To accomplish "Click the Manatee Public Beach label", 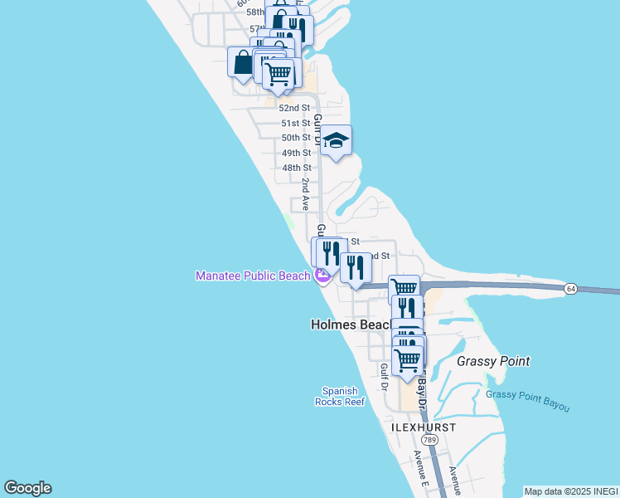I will (253, 276).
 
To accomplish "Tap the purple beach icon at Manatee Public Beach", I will (321, 276).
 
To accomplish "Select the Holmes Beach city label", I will (350, 325).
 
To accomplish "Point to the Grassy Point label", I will (493, 361).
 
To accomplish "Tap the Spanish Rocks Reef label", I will (339, 396).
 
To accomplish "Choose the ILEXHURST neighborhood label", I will (423, 427).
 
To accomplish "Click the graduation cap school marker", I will (337, 140).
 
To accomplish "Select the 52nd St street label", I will (294, 108).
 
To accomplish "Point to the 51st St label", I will (295, 123).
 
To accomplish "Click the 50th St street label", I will (296, 138).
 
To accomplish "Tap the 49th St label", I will (296, 153).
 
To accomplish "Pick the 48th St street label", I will (296, 168).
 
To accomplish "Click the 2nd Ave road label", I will (306, 193).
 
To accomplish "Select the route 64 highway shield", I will (571, 288).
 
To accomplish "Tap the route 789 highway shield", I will (429, 439).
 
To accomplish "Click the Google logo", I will (27, 488).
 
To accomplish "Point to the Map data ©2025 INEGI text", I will (571, 491).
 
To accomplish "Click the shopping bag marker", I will (242, 62).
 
